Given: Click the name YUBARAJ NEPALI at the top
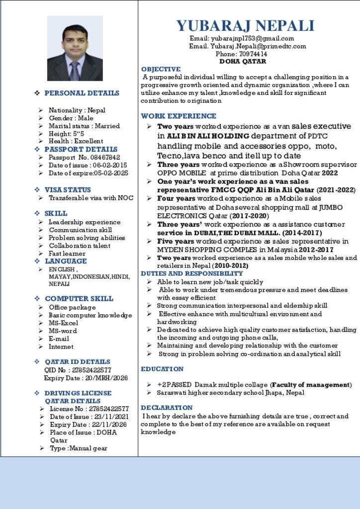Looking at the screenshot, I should [245, 26].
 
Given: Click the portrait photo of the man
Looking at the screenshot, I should [75, 48].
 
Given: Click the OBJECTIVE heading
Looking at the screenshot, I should [161, 69].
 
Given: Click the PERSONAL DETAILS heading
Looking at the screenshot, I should [82, 93].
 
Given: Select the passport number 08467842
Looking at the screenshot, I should [105, 157].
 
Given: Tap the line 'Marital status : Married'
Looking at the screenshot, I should [84, 126].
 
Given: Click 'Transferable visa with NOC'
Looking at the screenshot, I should [91, 198].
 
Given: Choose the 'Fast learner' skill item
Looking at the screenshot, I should [67, 254].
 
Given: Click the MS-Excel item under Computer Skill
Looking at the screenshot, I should [63, 323].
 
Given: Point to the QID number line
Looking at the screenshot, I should [78, 370].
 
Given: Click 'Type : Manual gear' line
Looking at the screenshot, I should [79, 448].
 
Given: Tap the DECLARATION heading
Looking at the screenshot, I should [167, 408].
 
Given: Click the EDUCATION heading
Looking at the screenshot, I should [162, 369].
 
